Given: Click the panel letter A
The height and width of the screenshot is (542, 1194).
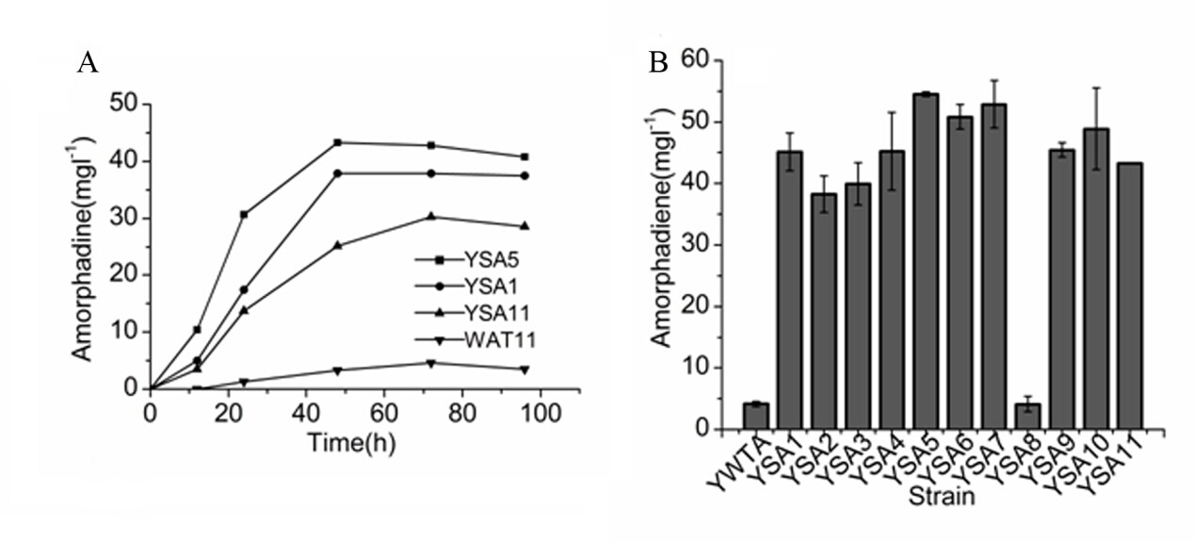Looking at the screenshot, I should tap(88, 63).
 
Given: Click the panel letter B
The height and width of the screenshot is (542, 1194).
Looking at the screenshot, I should tap(659, 63).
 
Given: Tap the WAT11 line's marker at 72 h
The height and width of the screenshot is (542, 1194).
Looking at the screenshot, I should tap(431, 363).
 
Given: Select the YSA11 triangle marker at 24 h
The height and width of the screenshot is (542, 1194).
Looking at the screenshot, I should tap(245, 310).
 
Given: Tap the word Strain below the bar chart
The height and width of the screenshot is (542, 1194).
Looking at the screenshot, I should tap(941, 496).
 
